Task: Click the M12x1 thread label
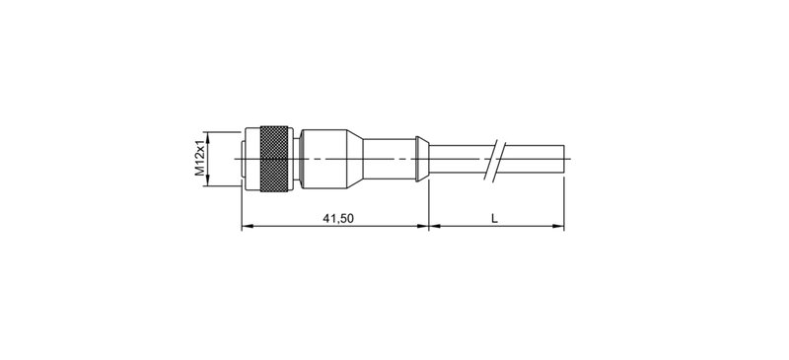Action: [x=199, y=158]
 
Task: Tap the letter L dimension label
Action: [x=495, y=218]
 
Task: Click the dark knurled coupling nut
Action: [x=274, y=158]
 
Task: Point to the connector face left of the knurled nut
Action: [x=249, y=158]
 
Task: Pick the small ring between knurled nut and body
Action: [x=297, y=158]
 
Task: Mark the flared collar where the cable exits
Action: [x=423, y=158]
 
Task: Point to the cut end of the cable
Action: [x=563, y=158]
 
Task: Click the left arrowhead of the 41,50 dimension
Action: [x=247, y=227]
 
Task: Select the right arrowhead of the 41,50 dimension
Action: [x=423, y=227]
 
